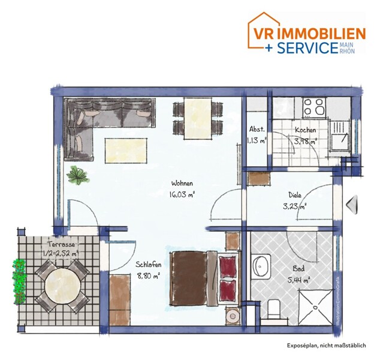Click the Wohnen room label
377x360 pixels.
pyautogui.click(x=182, y=184)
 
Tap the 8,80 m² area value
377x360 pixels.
pyautogui.click(x=149, y=276)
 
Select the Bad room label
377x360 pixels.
pyautogui.click(x=298, y=268)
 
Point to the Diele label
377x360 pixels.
pyautogui.click(x=295, y=195)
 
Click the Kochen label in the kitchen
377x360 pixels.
pyautogui.click(x=305, y=130)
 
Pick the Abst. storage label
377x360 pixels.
pyautogui.click(x=257, y=130)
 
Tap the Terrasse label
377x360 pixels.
pyautogui.click(x=61, y=244)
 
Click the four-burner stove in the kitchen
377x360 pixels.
pyautogui.click(x=314, y=107)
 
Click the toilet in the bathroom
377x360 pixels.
pyautogui.click(x=274, y=310)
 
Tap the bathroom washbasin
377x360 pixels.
pyautogui.click(x=261, y=266)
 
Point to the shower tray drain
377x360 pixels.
pyautogui.click(x=315, y=307)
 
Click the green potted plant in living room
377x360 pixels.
pyautogui.click(x=78, y=176)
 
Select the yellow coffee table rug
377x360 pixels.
pyautogui.click(x=126, y=151)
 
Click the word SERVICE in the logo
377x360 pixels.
pyautogui.click(x=307, y=47)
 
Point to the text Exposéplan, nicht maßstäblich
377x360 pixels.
pyautogui.click(x=326, y=346)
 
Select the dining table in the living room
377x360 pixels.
pyautogui.click(x=198, y=118)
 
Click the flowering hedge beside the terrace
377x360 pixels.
pyautogui.click(x=19, y=282)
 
